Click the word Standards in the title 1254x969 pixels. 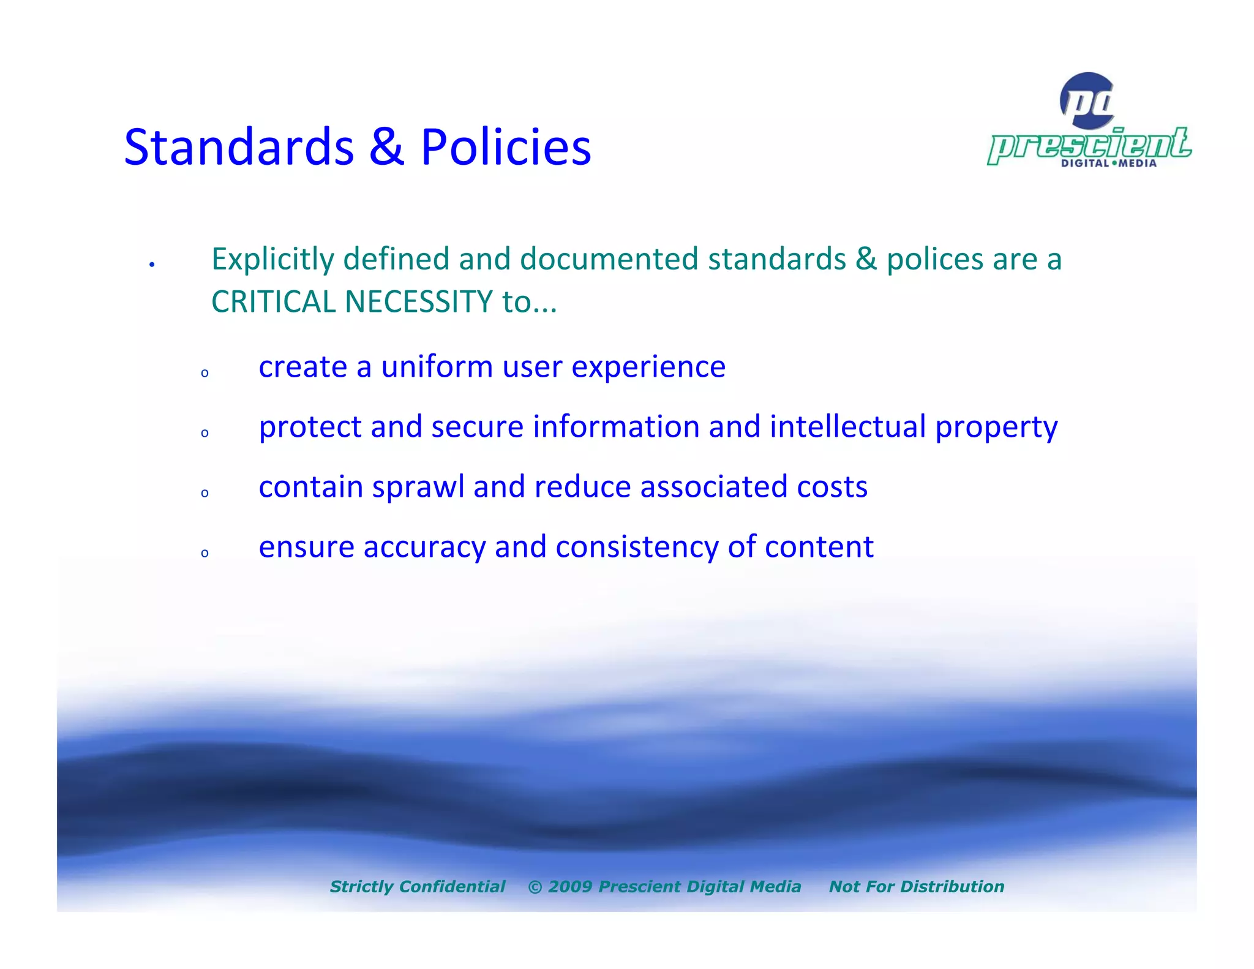point(239,148)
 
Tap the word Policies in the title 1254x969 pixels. point(506,148)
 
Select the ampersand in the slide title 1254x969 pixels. point(387,148)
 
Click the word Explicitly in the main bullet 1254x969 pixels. point(272,260)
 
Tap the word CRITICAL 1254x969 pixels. point(274,302)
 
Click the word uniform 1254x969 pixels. point(437,367)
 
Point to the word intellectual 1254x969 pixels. point(847,426)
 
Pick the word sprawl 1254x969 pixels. point(418,488)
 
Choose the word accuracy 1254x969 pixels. point(424,547)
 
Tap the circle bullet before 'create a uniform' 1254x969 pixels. point(205,373)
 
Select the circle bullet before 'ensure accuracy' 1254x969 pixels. point(205,553)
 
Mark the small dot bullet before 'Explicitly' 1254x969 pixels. point(152,265)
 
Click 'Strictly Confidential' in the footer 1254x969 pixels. point(418,886)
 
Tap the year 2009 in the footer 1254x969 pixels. point(569,886)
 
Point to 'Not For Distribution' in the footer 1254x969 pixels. point(916,886)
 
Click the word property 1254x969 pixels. point(996,428)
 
